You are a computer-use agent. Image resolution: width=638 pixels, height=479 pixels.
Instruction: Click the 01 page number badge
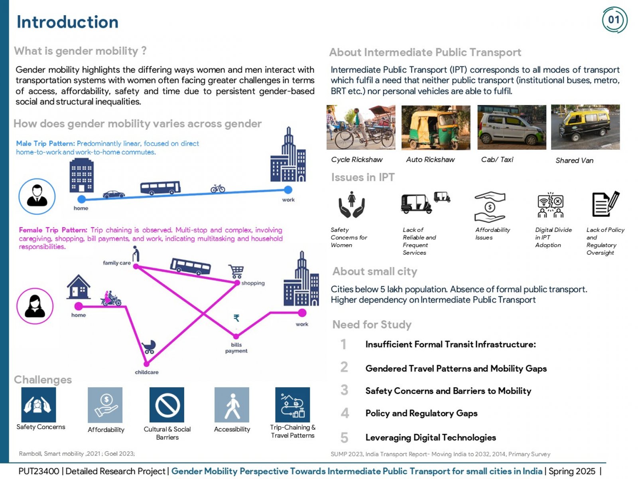pos(614,20)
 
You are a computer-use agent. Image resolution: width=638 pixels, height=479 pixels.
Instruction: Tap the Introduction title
pos(67,22)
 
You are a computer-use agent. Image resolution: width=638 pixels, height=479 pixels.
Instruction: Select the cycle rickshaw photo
pos(360,127)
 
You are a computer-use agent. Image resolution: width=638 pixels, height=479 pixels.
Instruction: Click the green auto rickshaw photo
pos(435,127)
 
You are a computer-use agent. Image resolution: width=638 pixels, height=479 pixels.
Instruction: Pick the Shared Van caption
pos(574,160)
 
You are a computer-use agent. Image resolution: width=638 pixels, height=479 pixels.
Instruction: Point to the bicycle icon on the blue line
pos(217,188)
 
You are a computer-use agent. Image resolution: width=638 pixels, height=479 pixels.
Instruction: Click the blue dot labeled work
pos(288,190)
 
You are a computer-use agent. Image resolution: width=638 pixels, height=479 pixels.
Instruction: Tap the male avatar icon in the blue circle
pos(37,196)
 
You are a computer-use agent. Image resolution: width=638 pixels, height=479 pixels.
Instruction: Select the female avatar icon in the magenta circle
pos(35,306)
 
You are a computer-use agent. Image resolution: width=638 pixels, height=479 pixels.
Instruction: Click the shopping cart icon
pos(236,271)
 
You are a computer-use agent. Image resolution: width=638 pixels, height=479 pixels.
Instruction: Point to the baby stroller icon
pos(149,346)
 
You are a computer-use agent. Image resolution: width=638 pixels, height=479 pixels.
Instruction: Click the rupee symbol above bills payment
pos(236,318)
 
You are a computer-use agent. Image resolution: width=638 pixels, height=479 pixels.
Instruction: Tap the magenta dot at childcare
pos(146,364)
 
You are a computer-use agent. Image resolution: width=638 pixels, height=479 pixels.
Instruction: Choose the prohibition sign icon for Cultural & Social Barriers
pos(167,404)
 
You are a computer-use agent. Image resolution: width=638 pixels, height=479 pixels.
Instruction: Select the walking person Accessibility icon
pos(232,404)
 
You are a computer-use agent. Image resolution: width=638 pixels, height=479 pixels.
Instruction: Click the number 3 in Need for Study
pos(344,390)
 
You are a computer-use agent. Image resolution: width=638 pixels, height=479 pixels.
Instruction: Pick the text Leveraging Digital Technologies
pos(431,437)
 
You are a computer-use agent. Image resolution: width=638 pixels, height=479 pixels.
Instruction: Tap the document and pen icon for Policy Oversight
pos(605,204)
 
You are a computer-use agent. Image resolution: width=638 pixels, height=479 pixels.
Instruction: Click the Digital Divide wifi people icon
pos(550,205)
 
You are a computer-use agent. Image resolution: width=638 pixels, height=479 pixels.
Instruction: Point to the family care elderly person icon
pos(136,254)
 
